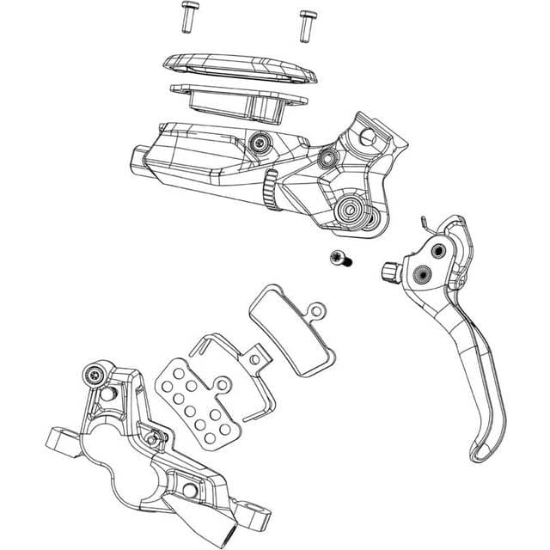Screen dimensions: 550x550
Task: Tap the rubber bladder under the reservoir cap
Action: point(241,101)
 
